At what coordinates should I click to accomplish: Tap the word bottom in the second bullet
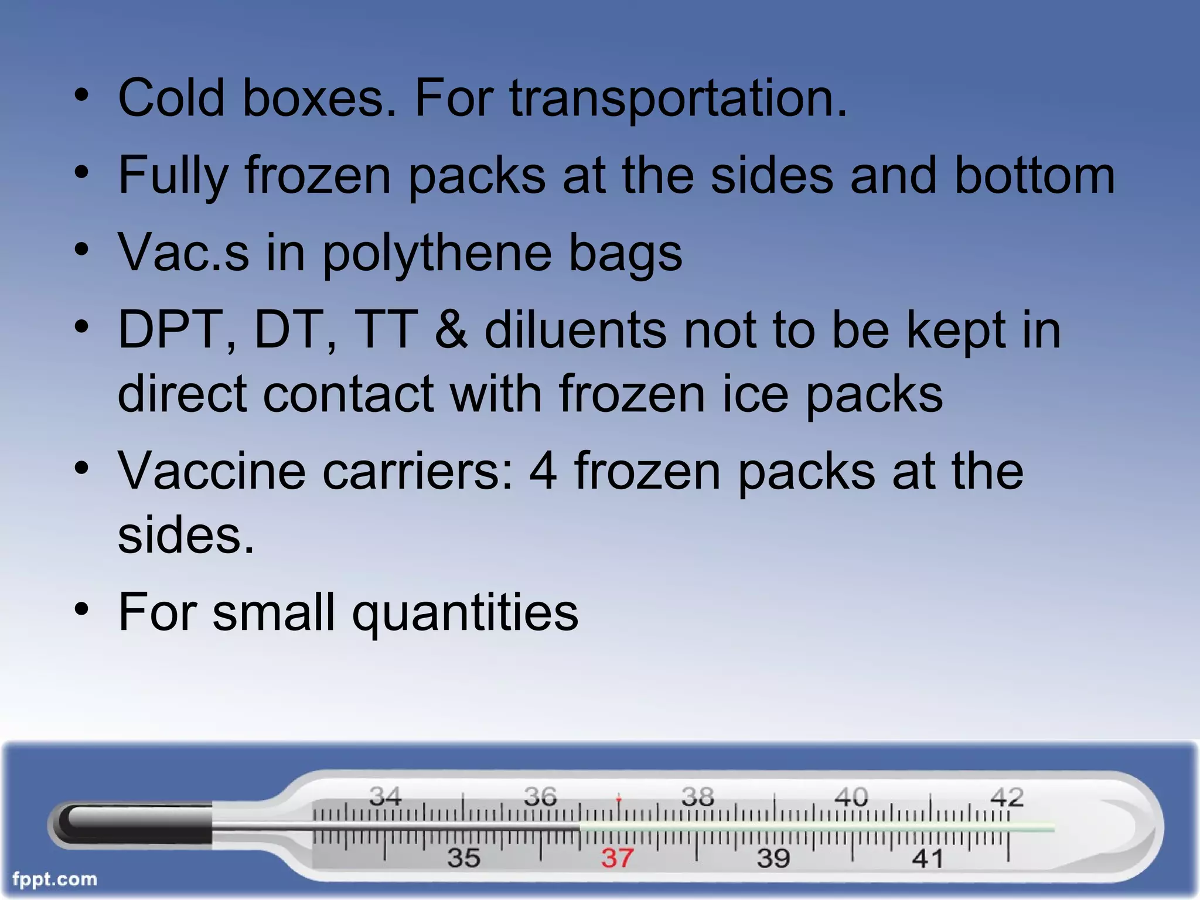click(x=1035, y=175)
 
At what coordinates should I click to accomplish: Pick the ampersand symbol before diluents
click(x=452, y=330)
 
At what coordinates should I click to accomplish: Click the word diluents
click(x=575, y=330)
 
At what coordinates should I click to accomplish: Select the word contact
click(x=348, y=394)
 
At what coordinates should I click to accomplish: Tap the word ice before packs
click(x=755, y=394)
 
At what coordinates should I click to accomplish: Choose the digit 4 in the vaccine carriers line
click(x=543, y=471)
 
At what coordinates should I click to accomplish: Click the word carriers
click(x=418, y=471)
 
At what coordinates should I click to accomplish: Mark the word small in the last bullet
click(x=274, y=612)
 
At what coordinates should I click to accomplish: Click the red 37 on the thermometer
click(x=617, y=858)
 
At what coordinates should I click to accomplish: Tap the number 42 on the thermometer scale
click(x=1007, y=797)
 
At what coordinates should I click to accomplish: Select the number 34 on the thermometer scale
click(x=385, y=796)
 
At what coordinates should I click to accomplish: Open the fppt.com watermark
click(x=54, y=879)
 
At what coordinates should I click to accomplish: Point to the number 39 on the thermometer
click(x=773, y=858)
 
